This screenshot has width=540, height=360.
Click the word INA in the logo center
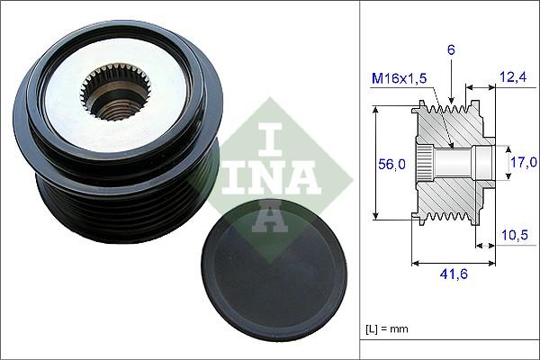pyautogui.click(x=270, y=175)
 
